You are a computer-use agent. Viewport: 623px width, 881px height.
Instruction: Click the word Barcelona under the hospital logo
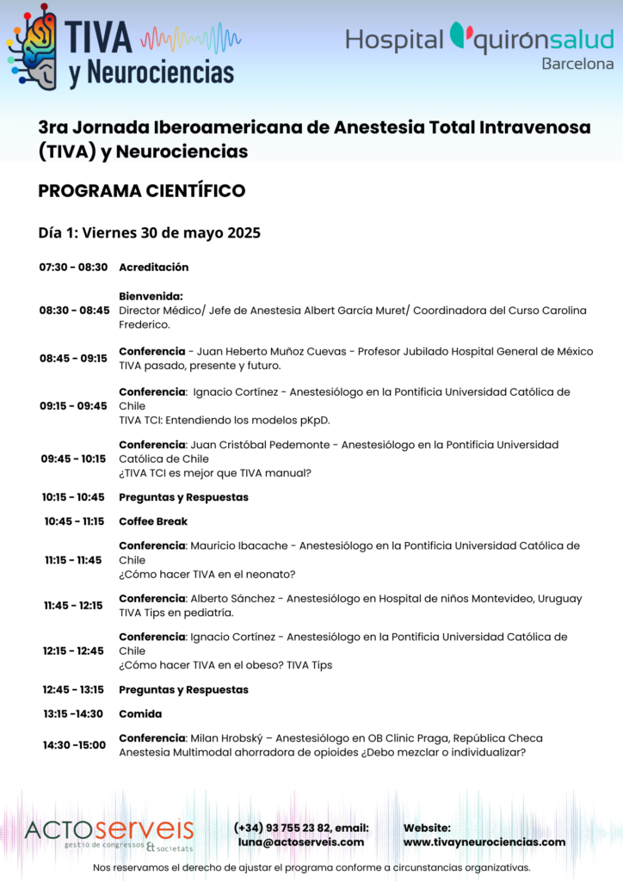[x=577, y=64]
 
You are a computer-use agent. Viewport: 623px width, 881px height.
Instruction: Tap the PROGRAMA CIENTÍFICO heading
[x=142, y=191]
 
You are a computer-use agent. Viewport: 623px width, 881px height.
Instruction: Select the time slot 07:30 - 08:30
[x=73, y=268]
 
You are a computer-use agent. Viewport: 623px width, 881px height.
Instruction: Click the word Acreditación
[x=154, y=268]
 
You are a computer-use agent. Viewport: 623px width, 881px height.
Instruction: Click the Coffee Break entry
[x=153, y=521]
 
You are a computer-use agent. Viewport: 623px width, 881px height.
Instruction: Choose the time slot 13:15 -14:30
[x=73, y=714]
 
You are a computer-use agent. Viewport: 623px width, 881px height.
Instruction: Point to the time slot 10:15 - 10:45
[x=73, y=497]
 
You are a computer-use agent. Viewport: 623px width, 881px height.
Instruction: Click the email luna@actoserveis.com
[x=301, y=842]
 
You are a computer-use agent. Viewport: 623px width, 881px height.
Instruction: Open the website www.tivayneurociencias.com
[x=484, y=842]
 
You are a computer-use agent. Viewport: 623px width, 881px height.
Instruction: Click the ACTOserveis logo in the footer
[x=109, y=833]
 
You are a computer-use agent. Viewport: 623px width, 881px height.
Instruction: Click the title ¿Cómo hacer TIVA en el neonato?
[x=207, y=575]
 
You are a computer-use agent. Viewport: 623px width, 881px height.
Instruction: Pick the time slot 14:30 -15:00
[x=74, y=745]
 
